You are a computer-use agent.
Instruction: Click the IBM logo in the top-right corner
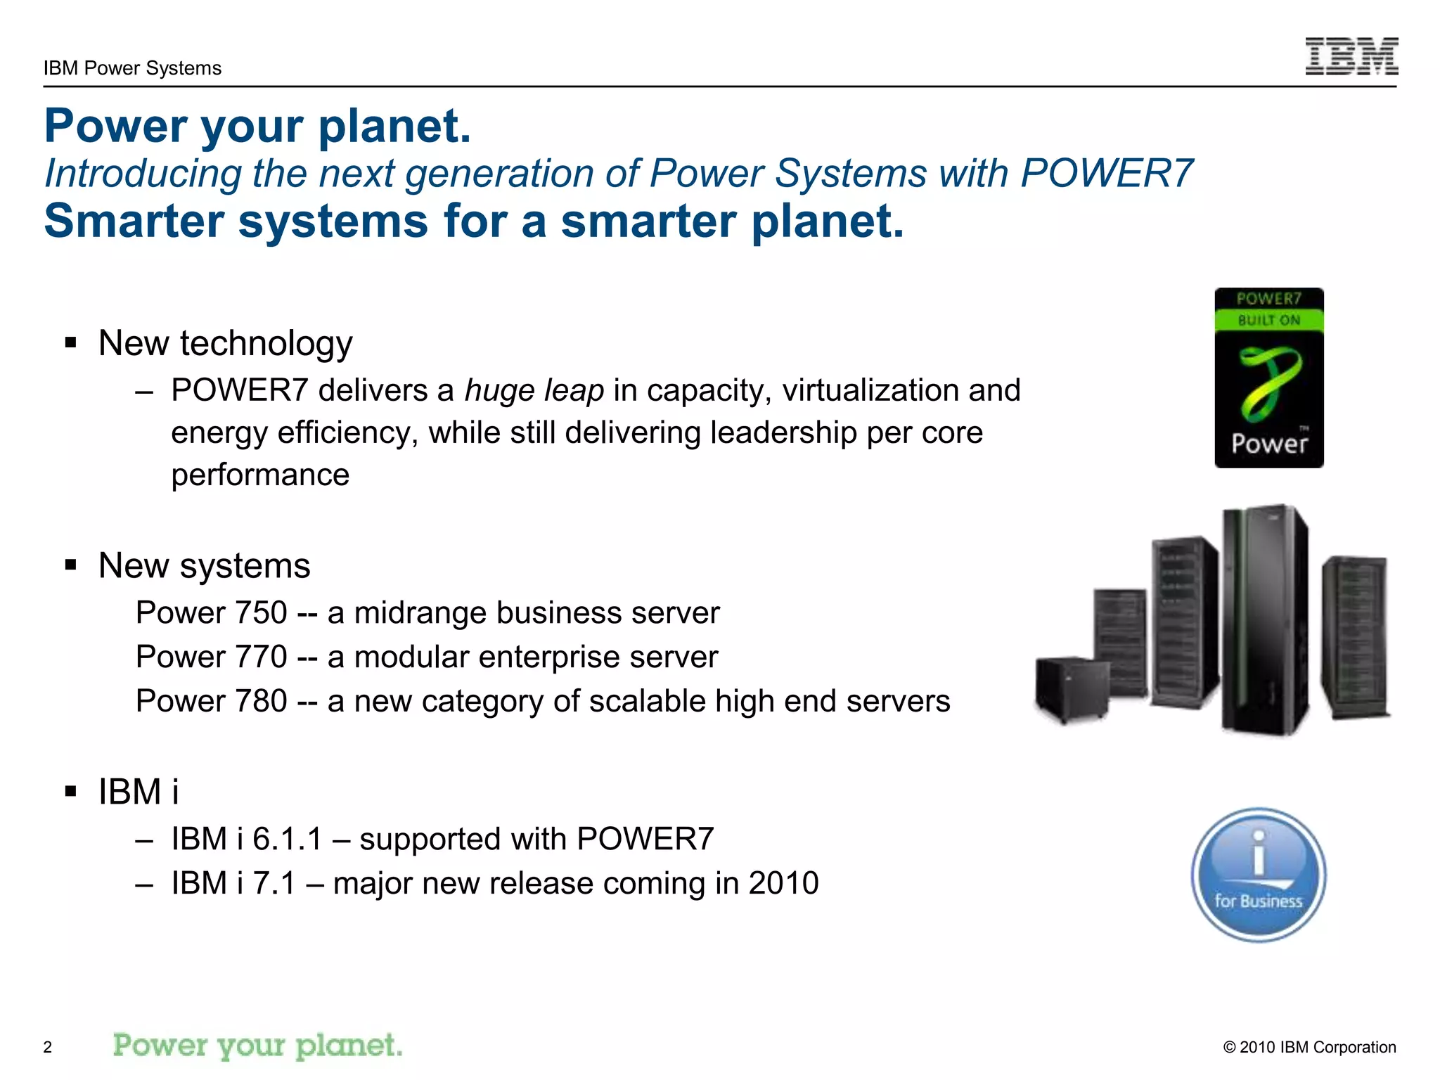pos(1351,56)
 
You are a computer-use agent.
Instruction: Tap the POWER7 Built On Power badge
pos(1268,378)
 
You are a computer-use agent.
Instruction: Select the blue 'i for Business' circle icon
pos(1258,875)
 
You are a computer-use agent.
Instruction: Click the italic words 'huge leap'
pos(534,390)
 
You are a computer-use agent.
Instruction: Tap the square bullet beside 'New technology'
pos(70,343)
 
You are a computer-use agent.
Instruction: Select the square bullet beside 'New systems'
pos(70,565)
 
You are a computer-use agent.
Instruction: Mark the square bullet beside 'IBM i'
pos(70,792)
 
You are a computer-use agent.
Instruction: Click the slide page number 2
pos(48,1047)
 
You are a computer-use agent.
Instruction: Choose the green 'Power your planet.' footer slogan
pos(257,1046)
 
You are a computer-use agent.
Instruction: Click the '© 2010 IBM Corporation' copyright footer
pos(1309,1047)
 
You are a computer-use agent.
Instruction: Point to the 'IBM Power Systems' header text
pos(132,68)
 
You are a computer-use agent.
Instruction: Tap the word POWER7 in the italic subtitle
pos(1107,173)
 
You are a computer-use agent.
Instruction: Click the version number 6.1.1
pos(287,839)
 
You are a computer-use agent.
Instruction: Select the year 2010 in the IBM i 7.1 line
pos(783,883)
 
